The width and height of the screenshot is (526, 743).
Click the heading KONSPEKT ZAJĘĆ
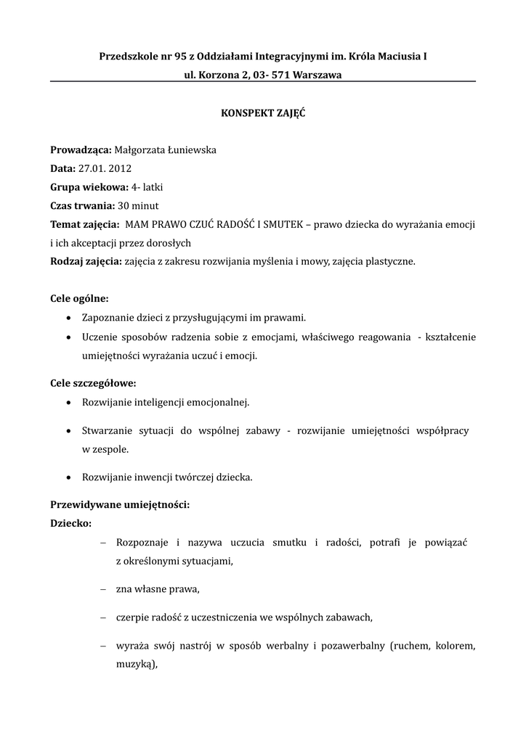pyautogui.click(x=262, y=113)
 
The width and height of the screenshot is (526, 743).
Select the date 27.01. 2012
pyautogui.click(x=105, y=168)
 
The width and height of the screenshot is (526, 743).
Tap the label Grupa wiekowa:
pyautogui.click(x=89, y=186)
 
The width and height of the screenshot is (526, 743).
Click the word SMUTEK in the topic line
pyautogui.click(x=282, y=224)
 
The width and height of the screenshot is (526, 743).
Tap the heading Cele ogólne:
pyautogui.click(x=79, y=299)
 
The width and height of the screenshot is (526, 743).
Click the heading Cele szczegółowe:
pyautogui.click(x=92, y=382)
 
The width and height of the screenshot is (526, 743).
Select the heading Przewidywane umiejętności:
pyautogui.click(x=119, y=505)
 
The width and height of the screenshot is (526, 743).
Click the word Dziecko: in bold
pyautogui.click(x=70, y=523)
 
